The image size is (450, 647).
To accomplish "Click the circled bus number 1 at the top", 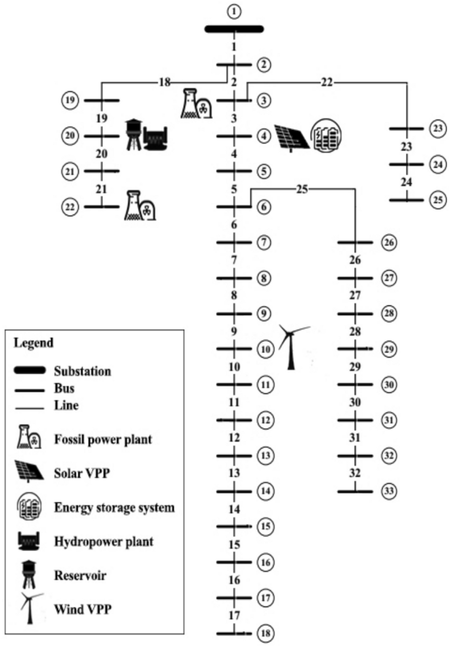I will point(234,11).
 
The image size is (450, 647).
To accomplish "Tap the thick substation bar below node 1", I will point(234,29).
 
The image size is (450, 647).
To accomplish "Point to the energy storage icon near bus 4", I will point(327,135).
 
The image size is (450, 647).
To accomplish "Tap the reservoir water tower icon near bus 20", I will point(134,134).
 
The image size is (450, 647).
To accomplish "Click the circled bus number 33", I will point(389,491).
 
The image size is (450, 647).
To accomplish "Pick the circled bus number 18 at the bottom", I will point(265,634).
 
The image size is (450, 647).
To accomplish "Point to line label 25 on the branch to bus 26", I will point(302,189).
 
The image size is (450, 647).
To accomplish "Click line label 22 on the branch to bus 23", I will point(327,82).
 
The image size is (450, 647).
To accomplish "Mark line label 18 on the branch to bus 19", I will point(165,83).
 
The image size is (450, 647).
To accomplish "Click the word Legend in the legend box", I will point(33,343).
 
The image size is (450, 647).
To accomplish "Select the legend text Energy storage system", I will point(114,507).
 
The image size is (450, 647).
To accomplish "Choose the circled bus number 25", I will point(437,200).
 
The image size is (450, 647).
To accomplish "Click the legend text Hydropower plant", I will point(104,542).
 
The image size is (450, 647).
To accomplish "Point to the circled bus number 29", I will point(389,349).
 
